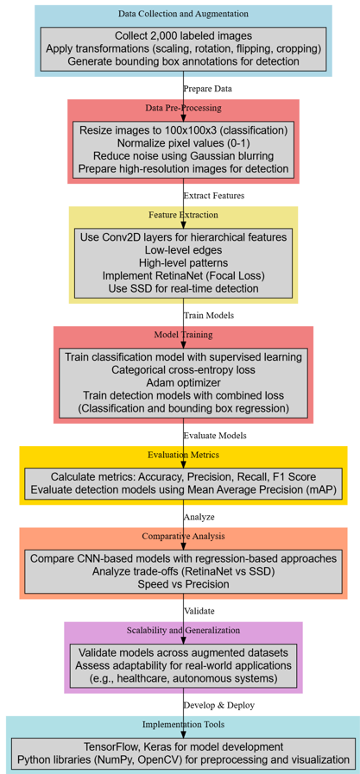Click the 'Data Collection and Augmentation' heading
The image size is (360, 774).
tap(183, 13)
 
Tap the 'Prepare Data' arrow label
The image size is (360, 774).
tap(207, 90)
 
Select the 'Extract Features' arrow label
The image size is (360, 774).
tap(214, 196)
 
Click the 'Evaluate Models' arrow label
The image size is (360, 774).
tap(215, 436)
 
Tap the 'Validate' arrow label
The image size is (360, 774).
tap(199, 611)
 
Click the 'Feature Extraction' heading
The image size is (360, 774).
tap(183, 215)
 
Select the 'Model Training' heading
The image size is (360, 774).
tap(183, 335)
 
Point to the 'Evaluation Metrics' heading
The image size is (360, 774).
tap(183, 455)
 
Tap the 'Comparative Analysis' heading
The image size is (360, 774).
tap(183, 536)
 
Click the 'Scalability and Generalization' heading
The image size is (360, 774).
tap(183, 630)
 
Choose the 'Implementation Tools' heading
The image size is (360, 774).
tap(183, 724)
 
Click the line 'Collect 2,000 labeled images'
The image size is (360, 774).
tap(183, 36)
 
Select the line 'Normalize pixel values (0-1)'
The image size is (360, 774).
tap(183, 143)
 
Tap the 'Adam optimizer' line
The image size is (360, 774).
tap(183, 382)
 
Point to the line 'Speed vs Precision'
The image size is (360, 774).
tap(183, 584)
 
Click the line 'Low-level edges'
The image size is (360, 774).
tap(183, 249)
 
